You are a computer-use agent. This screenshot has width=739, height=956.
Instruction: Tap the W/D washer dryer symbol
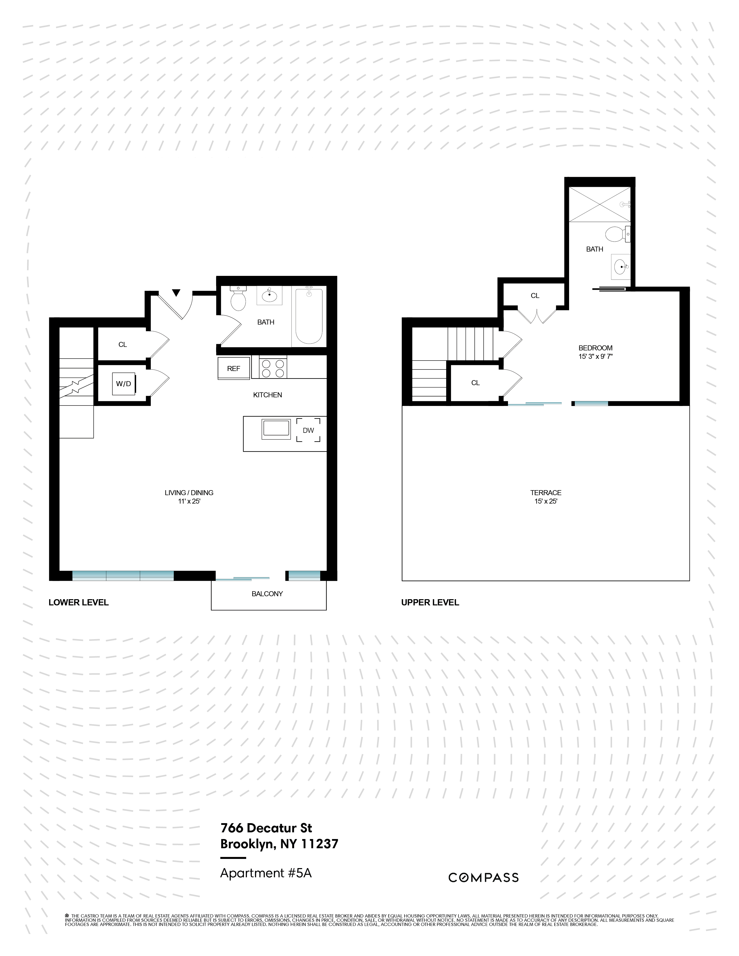tap(123, 384)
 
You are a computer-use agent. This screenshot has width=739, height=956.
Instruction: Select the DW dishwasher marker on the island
tap(308, 430)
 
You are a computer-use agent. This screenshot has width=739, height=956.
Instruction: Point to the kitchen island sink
tap(276, 429)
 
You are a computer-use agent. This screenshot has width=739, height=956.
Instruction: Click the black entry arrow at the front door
tap(176, 293)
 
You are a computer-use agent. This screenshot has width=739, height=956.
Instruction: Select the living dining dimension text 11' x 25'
tap(189, 501)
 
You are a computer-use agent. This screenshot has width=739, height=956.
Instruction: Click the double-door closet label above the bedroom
tap(535, 296)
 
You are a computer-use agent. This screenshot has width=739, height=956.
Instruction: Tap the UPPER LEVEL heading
tap(430, 602)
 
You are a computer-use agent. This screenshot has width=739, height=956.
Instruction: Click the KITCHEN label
tap(268, 395)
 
